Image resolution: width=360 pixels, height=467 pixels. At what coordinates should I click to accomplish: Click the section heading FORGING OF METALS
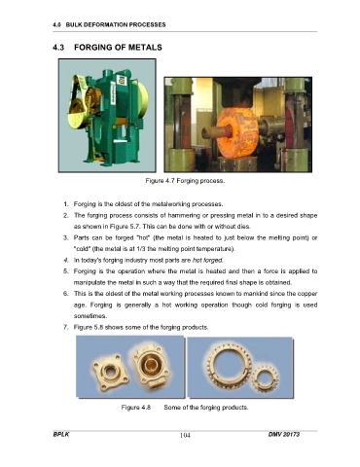click(118, 48)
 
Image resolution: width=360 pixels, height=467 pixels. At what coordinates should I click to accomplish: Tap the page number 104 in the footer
click(185, 435)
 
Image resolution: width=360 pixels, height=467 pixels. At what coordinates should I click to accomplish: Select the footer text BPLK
click(61, 434)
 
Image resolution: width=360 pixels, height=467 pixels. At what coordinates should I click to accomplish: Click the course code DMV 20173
click(284, 434)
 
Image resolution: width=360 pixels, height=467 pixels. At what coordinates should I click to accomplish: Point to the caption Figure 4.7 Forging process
click(185, 181)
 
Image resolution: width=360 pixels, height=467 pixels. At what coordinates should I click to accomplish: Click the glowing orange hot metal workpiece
click(237, 133)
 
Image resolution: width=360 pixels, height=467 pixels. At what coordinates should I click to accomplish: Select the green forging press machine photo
click(107, 116)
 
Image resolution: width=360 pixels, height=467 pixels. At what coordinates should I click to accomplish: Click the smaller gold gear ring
click(265, 378)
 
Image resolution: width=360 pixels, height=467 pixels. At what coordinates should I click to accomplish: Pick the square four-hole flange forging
click(111, 371)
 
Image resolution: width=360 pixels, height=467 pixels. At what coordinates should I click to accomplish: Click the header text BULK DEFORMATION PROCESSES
click(116, 24)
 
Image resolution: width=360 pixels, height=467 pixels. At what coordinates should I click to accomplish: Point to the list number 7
click(66, 327)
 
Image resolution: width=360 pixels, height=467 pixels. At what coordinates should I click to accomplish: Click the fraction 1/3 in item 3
click(143, 249)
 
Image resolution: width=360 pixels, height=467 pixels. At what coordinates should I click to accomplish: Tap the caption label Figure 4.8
click(136, 408)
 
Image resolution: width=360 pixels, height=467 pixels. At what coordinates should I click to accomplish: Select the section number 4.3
click(58, 48)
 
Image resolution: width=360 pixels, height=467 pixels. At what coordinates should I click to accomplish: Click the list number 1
click(66, 204)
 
